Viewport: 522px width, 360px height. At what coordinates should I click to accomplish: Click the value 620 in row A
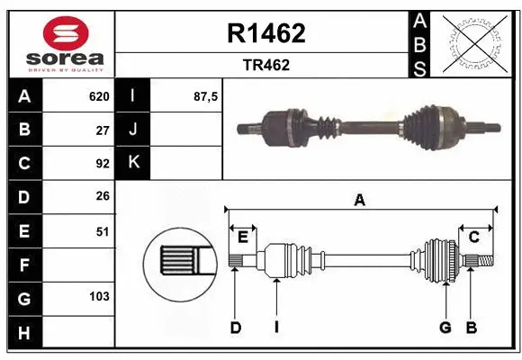[x=98, y=96]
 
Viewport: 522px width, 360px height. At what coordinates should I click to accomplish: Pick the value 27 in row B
[x=102, y=130]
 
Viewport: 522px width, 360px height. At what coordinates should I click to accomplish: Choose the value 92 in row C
[x=102, y=164]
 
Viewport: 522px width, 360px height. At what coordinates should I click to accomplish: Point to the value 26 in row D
[x=102, y=197]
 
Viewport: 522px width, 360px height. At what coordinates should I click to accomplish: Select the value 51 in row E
[x=102, y=231]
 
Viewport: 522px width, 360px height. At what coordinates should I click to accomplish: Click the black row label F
[x=24, y=265]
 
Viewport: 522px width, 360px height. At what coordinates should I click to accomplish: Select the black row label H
[x=24, y=333]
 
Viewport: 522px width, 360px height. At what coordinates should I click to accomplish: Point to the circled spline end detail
[x=177, y=264]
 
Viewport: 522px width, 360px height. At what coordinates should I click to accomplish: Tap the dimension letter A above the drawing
[x=359, y=200]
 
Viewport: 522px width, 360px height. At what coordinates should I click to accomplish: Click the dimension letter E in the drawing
[x=243, y=237]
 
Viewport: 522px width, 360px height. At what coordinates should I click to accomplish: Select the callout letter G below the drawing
[x=445, y=328]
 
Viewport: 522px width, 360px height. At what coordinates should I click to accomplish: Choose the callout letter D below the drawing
[x=235, y=328]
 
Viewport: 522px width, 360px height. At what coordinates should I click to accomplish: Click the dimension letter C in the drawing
[x=473, y=237]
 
